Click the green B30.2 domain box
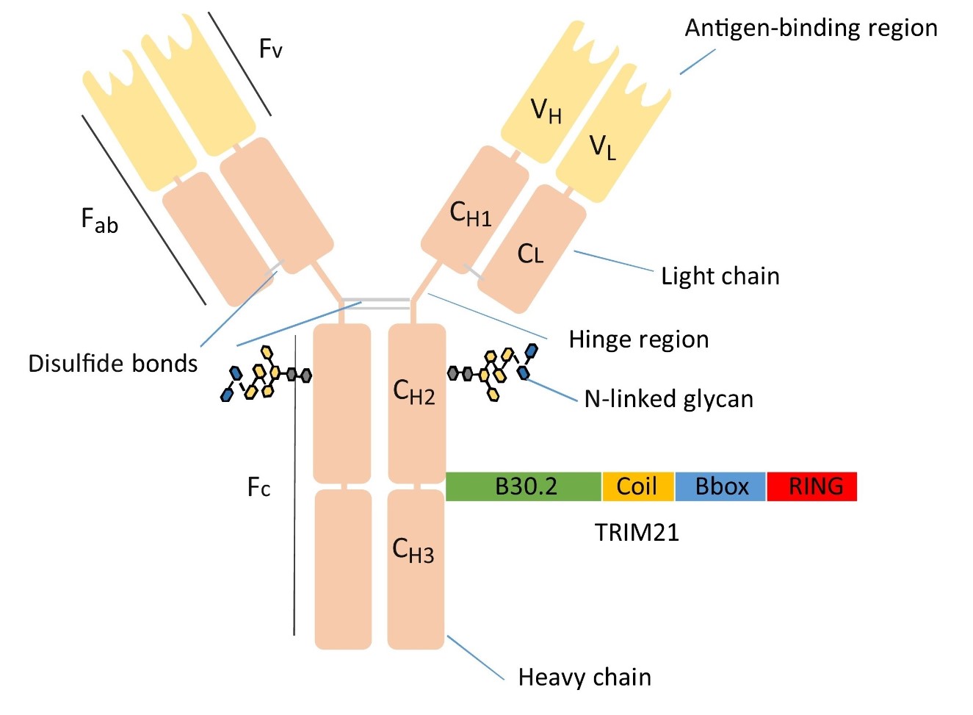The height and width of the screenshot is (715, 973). (524, 486)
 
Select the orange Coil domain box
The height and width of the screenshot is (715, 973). (637, 486)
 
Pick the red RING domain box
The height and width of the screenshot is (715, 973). (812, 486)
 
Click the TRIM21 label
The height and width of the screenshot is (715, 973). (637, 532)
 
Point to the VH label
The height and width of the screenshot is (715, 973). (546, 112)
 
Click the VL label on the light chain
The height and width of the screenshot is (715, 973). (603, 147)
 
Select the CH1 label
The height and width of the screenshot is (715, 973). (470, 214)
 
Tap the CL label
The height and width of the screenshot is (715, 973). (530, 254)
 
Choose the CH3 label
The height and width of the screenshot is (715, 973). (413, 550)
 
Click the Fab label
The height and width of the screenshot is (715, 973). (99, 220)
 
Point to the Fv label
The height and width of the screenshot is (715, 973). (270, 49)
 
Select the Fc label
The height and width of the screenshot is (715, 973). (258, 487)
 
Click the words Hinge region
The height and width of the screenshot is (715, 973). (639, 339)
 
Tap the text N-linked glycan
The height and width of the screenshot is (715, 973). (669, 399)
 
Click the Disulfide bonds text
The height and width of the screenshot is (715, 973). (113, 364)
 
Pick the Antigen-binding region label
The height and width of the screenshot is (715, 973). (811, 28)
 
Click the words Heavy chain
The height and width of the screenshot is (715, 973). (585, 677)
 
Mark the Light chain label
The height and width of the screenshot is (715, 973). (720, 276)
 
